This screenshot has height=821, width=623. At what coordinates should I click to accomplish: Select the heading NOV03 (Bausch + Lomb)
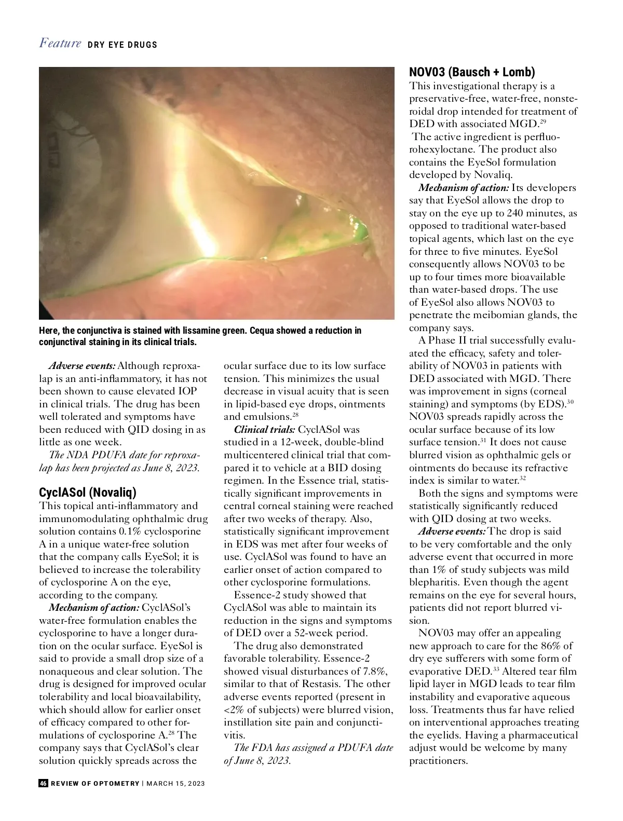pos(471,72)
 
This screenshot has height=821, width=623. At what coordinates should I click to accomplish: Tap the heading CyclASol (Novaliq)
pos(87,492)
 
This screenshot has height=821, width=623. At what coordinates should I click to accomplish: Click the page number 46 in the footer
pos(44,783)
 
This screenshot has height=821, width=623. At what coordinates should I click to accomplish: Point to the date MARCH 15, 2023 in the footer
pos(175,783)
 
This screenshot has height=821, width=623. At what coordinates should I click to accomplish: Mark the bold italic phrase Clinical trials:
pos(264,429)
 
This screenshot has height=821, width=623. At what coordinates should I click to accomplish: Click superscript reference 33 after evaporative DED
pos(496,669)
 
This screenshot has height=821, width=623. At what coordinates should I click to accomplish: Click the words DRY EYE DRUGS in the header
pos(123,45)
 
